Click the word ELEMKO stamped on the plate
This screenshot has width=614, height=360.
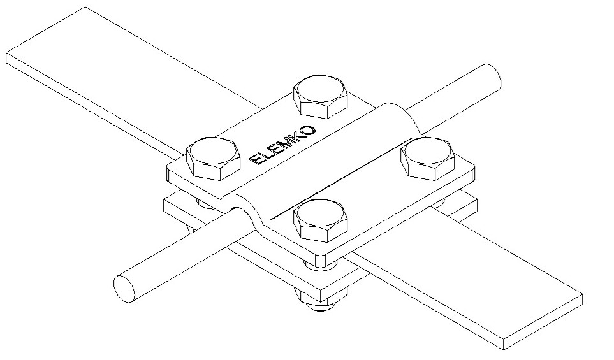(x=282, y=145)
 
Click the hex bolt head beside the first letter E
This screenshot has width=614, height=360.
(x=213, y=159)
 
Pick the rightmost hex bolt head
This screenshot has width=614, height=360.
(x=428, y=158)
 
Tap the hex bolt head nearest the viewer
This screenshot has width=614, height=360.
(x=321, y=220)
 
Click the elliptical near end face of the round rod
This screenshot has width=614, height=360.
(x=124, y=289)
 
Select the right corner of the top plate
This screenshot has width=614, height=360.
(x=474, y=169)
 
